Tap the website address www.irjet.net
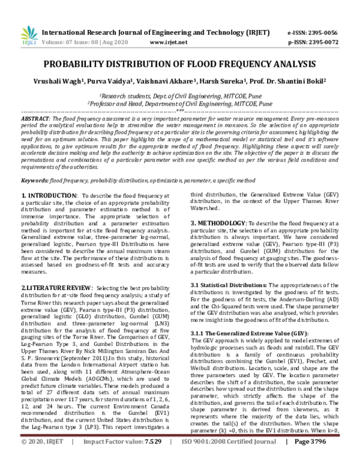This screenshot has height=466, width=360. (x=166, y=43)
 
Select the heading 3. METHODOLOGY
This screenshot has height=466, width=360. (x=217, y=223)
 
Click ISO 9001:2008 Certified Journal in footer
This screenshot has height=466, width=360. (x=228, y=458)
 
